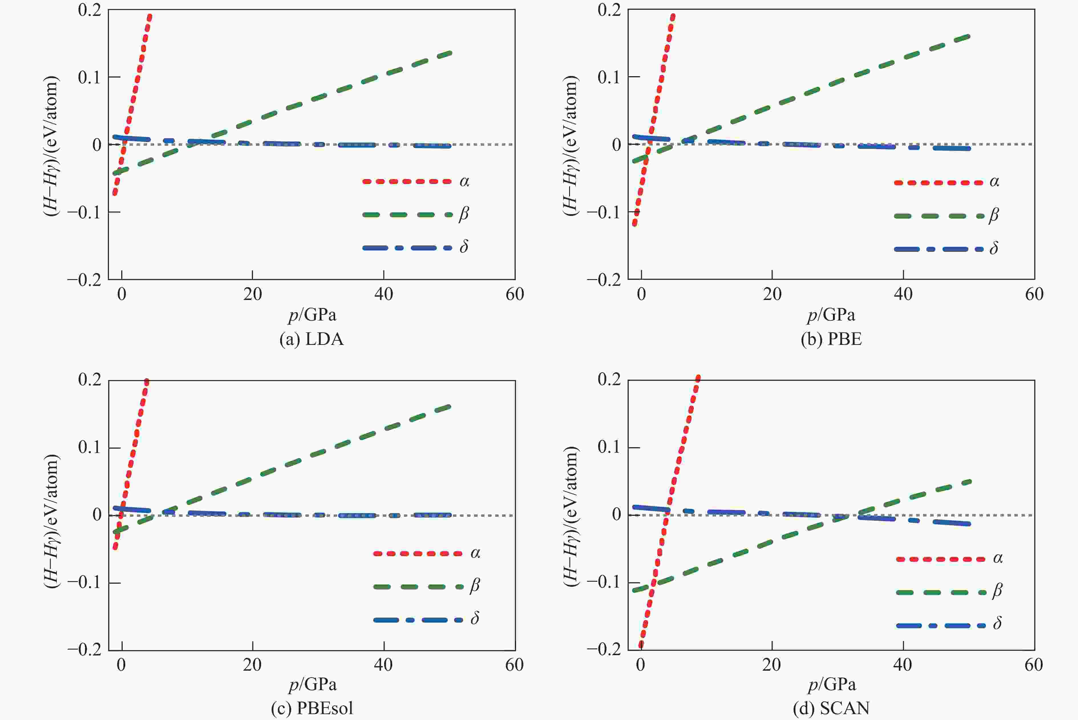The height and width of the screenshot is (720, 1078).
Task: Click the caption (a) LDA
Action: point(312,339)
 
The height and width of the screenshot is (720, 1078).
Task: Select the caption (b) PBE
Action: point(831,339)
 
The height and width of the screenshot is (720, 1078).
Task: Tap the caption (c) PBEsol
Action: point(312,709)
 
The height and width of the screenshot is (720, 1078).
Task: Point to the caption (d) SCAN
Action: point(831,709)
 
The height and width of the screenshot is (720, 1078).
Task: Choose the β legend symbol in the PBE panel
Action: point(994,215)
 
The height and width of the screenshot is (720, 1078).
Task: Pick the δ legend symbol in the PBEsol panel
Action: point(475,619)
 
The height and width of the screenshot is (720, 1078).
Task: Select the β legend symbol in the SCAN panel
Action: point(997,591)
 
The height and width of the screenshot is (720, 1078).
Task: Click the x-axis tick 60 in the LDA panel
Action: point(514,294)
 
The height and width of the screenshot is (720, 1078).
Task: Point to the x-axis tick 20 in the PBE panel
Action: point(772,294)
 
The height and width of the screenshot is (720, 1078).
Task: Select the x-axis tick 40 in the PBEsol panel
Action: point(383,665)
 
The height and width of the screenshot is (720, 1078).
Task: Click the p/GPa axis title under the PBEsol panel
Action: point(312,685)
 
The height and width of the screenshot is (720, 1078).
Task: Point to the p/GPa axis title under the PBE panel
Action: point(831,315)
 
